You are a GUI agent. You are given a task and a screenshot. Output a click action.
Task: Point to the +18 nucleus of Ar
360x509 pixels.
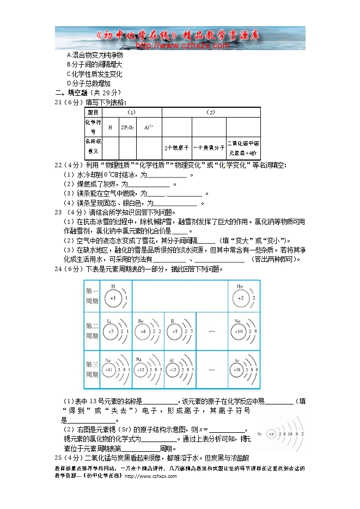tap(239, 370)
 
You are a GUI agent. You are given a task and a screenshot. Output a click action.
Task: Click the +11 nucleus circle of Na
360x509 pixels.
tap(109, 370)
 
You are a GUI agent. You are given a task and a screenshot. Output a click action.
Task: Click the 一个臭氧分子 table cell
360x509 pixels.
tap(209, 148)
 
